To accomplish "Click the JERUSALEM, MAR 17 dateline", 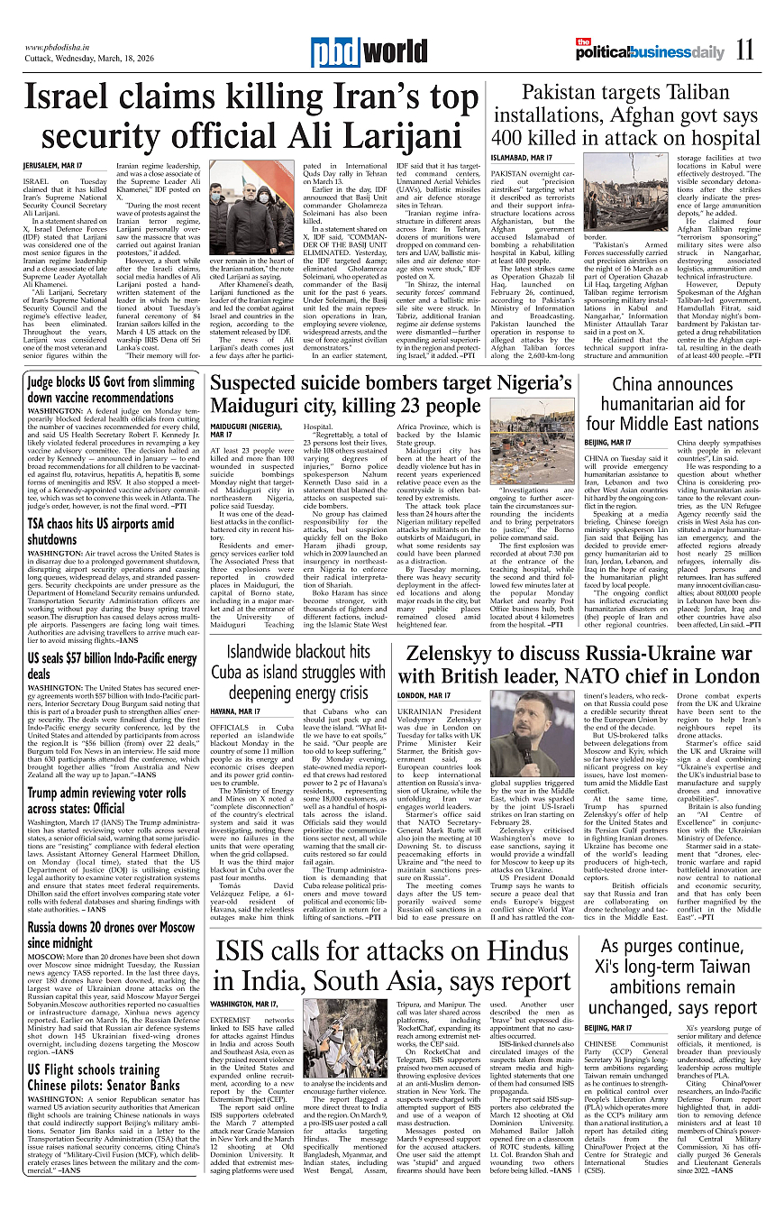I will [x=52, y=167].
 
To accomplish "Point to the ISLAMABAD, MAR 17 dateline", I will [x=521, y=158].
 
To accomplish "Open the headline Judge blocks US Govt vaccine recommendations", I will [x=111, y=390].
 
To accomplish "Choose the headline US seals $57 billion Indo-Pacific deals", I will [x=111, y=666].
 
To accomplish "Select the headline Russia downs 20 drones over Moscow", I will [x=111, y=935].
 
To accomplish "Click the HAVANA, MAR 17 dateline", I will [x=235, y=711].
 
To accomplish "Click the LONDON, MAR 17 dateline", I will [x=424, y=695].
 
